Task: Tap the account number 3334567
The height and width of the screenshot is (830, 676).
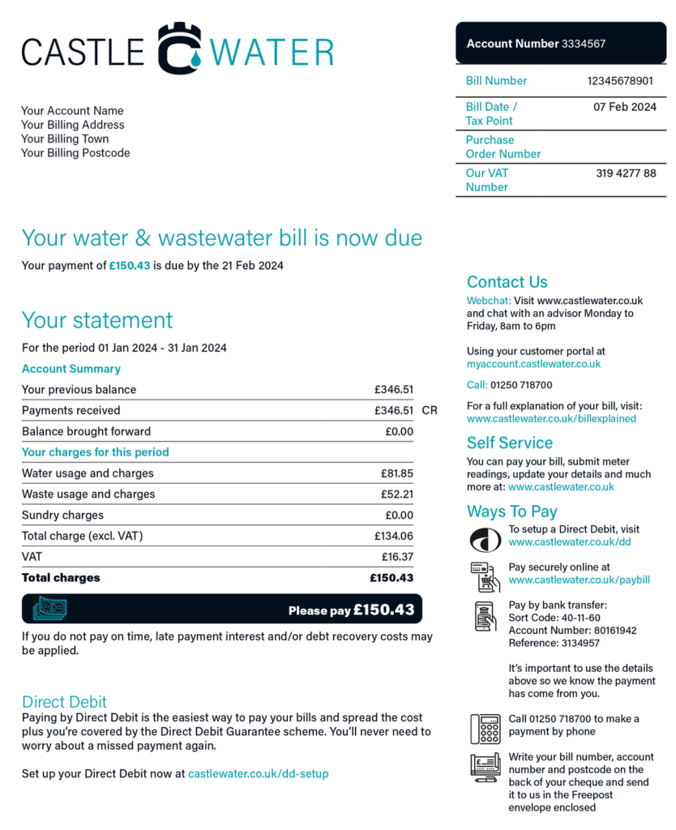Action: (584, 44)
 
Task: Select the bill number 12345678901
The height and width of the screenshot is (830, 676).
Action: (620, 81)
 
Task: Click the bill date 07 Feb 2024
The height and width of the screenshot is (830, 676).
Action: (624, 107)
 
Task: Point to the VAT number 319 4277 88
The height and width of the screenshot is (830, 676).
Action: (626, 173)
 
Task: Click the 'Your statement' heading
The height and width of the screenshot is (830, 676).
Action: (97, 320)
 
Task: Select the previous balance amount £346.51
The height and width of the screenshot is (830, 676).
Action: (393, 390)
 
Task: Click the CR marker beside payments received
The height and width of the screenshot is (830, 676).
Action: (430, 411)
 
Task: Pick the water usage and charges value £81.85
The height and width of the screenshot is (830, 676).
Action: (396, 473)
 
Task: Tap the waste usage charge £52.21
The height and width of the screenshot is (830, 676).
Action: (396, 494)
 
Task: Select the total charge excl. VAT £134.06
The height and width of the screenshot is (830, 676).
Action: (393, 537)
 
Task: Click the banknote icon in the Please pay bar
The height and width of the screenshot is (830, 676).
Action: (49, 609)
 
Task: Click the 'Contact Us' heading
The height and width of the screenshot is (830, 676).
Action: (507, 282)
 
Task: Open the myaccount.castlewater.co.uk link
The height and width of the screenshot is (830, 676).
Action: (533, 365)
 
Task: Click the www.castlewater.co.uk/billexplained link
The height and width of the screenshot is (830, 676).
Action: (551, 419)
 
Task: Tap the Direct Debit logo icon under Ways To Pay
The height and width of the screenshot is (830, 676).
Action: (486, 538)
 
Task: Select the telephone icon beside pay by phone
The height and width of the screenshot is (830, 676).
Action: (486, 728)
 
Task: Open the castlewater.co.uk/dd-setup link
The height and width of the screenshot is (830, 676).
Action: (258, 774)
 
